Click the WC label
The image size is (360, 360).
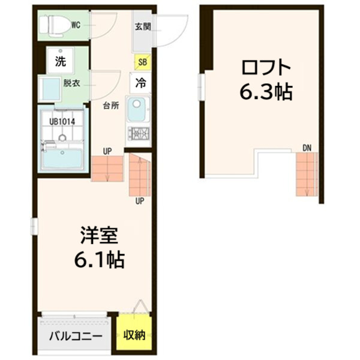(x=76, y=25)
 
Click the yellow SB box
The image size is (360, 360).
(x=142, y=61)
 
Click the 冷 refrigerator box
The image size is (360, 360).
(x=140, y=83)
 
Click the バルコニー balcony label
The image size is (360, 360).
(x=76, y=335)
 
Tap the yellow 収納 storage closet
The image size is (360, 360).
(x=134, y=335)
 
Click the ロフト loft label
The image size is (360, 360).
(x=266, y=66)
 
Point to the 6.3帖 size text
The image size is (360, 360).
(x=266, y=91)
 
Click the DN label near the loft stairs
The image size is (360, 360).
(x=307, y=147)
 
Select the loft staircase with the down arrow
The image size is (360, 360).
(x=306, y=175)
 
